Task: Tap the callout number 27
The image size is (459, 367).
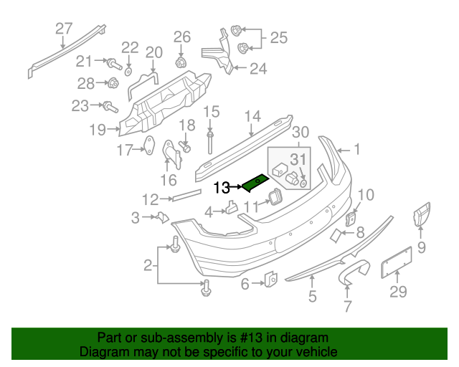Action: [65, 29]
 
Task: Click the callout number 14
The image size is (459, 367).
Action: [252, 117]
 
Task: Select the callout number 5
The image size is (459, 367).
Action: [312, 295]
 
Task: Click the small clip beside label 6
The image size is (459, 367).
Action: [272, 280]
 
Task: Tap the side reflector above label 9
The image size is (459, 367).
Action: [420, 214]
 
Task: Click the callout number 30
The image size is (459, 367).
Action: [301, 132]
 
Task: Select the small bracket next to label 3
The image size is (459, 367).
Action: [162, 218]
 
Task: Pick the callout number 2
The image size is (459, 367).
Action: [148, 266]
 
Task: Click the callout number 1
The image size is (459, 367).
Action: [357, 151]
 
